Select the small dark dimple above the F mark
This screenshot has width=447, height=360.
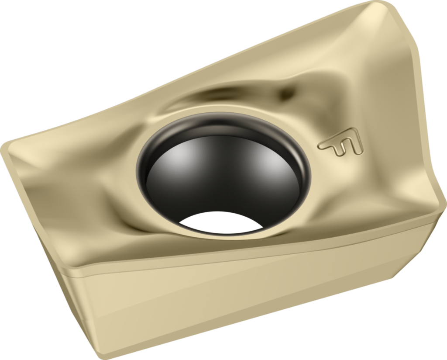pyautogui.click(x=286, y=92)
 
